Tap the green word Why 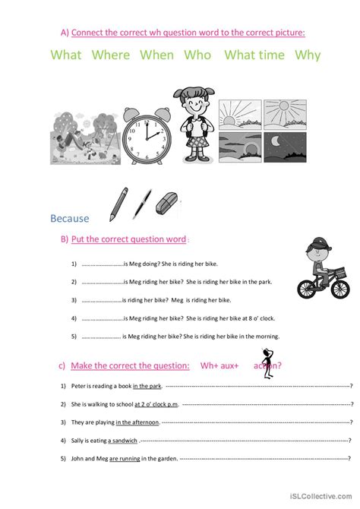pyautogui.click(x=308, y=55)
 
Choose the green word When pyautogui.click(x=156, y=55)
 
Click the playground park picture pyautogui.click(x=84, y=136)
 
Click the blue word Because pyautogui.click(x=69, y=219)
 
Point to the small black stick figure pyautogui.click(x=267, y=364)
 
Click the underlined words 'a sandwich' pyautogui.click(x=123, y=440)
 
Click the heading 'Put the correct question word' pyautogui.click(x=128, y=239)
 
